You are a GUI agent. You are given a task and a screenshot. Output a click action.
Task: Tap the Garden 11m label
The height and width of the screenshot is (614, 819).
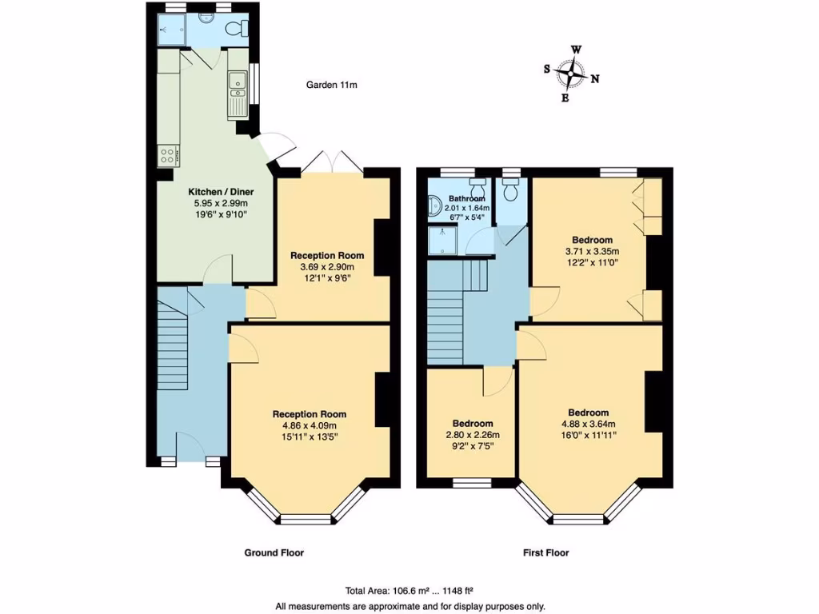coord(331,85)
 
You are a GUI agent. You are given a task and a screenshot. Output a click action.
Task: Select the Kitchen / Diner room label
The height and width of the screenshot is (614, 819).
coord(218,192)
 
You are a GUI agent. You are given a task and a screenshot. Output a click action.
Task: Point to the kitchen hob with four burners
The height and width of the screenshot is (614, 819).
coord(167,154)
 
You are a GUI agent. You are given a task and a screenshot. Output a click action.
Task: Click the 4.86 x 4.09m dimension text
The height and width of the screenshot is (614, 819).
coord(310,426)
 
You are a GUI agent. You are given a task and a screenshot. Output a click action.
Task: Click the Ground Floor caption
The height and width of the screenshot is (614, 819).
coord(274,552)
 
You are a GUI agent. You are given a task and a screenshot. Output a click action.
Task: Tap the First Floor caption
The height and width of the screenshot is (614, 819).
coord(545,552)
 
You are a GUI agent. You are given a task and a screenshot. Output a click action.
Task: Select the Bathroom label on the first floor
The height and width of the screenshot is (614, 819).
coord(466,198)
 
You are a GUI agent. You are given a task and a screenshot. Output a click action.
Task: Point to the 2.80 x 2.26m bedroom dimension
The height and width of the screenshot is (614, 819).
coord(472,435)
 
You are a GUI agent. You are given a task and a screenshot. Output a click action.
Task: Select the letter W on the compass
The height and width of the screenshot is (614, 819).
coord(576,50)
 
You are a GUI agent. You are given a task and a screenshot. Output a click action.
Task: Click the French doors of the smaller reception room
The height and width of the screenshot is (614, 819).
coord(331,162)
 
